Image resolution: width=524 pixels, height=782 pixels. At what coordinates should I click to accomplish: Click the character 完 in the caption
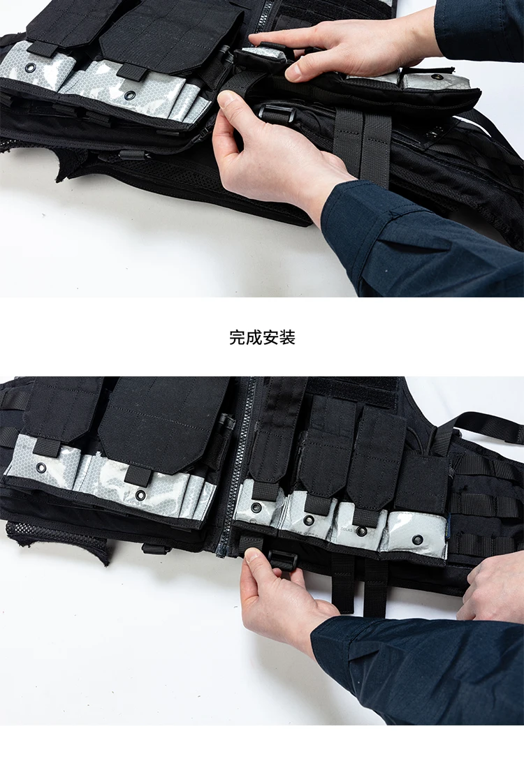click(x=237, y=338)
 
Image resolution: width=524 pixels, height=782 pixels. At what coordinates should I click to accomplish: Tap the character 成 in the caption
click(x=254, y=338)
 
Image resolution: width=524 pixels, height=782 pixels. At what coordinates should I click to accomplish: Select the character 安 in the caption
click(x=270, y=338)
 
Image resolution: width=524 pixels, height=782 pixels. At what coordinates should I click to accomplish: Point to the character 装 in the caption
click(x=287, y=338)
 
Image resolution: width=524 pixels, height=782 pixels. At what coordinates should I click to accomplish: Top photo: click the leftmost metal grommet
click(x=31, y=68)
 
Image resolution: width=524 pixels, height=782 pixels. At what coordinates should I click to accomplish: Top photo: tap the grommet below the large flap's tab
click(x=131, y=95)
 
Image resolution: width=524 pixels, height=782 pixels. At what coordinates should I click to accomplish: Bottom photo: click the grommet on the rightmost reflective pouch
click(x=419, y=540)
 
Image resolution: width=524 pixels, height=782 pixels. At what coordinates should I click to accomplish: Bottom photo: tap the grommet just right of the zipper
click(x=256, y=508)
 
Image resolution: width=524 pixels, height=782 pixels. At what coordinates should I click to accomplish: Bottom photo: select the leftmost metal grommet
click(x=41, y=468)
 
